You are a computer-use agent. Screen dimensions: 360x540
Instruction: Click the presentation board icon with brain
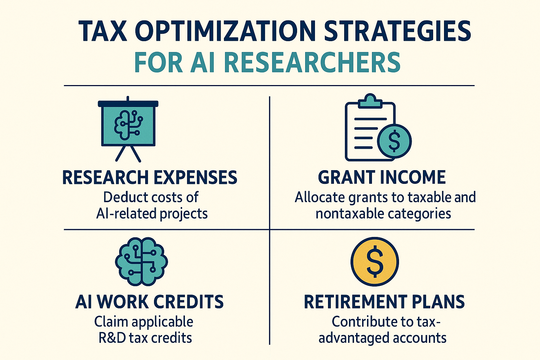128,124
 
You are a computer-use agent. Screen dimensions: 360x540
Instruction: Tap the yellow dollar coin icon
375,262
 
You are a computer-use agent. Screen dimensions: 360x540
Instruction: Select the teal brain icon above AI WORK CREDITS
141,262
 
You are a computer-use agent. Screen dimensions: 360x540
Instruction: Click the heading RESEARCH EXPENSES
150,178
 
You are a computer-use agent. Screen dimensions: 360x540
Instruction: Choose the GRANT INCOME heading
382,178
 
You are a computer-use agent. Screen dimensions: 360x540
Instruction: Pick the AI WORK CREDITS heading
149,302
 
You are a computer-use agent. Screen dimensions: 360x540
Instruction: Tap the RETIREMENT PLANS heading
384,302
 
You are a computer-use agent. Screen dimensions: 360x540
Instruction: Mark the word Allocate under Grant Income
320,197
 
